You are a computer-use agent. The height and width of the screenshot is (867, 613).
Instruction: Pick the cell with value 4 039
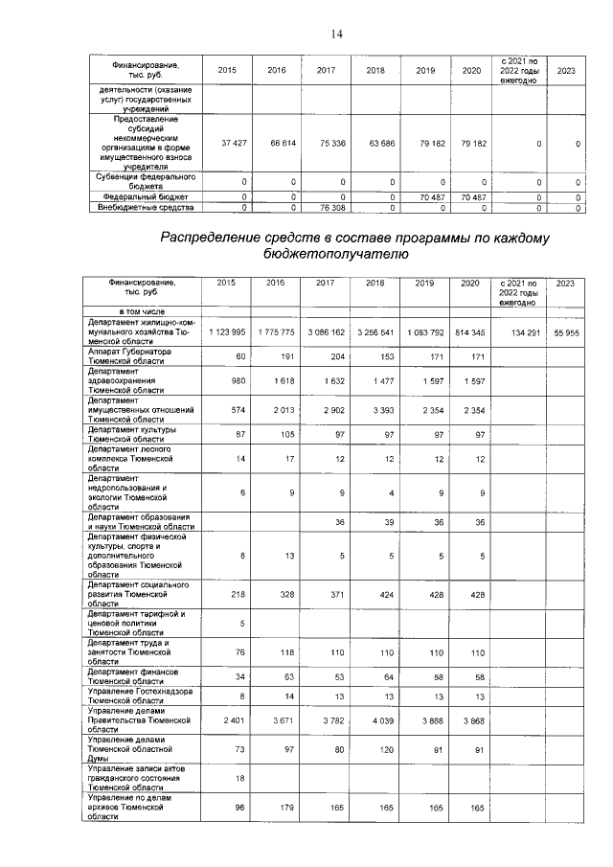(381, 719)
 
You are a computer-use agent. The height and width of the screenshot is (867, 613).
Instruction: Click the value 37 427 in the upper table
(234, 142)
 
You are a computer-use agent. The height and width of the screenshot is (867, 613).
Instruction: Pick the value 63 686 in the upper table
(381, 142)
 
